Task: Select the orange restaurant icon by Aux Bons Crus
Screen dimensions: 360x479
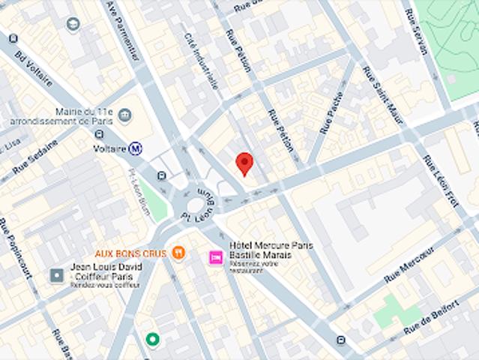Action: [x=178, y=253]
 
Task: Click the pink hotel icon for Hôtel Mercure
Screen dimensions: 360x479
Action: [x=215, y=258]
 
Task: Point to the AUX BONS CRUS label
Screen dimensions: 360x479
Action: [x=130, y=253]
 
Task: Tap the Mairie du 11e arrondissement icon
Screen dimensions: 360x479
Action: [x=125, y=115]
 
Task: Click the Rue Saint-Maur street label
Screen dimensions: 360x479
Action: [x=380, y=97]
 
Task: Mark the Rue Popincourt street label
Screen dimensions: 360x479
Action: [x=15, y=247]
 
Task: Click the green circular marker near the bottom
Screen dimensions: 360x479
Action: [x=153, y=340]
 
